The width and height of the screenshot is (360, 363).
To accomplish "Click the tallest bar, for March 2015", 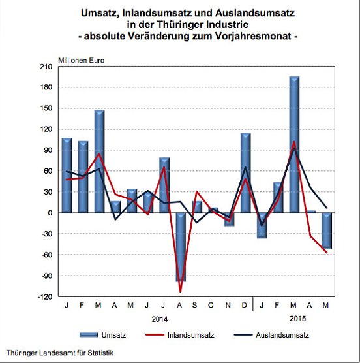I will tap(294, 144).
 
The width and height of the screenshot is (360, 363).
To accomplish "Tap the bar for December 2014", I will tap(245, 173).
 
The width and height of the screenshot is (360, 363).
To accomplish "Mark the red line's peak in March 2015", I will tap(294, 142).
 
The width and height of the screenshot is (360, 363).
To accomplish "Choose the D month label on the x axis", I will tap(245, 306).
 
